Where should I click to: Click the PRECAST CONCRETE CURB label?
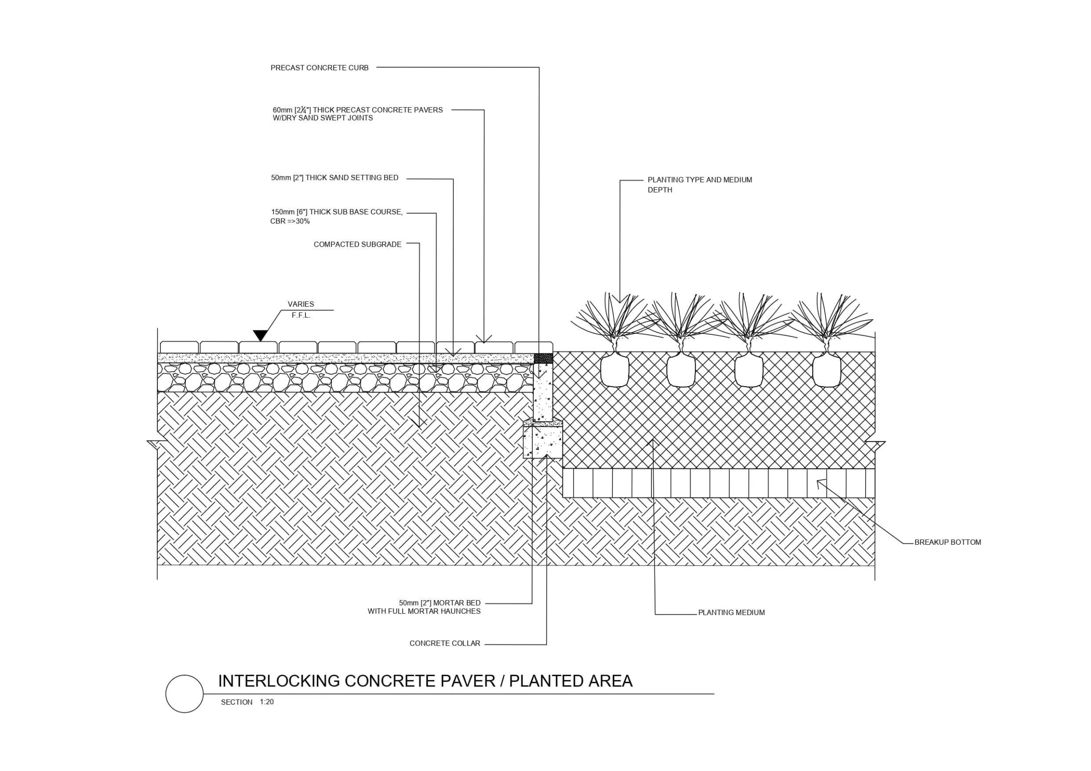319,68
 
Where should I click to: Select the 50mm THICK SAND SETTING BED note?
335,178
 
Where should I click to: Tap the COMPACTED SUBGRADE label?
357,244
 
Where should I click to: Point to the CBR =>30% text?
290,221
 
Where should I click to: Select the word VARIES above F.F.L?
301,304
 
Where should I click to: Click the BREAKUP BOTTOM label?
947,542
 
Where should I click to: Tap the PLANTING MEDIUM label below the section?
731,612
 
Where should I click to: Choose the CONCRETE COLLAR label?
445,643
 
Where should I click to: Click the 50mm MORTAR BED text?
440,603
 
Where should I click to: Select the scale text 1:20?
266,701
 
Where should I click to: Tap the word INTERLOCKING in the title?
279,681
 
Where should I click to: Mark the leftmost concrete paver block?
179,347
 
